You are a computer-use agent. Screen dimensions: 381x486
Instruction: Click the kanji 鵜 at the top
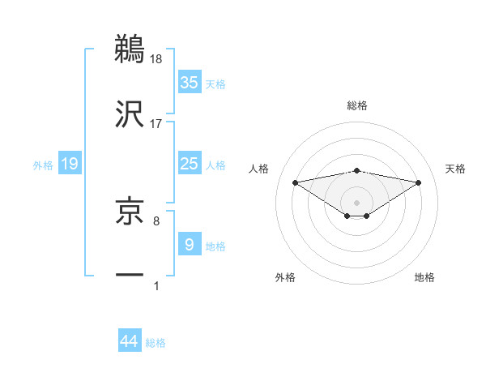click(130, 49)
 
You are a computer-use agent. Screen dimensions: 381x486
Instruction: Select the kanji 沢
click(130, 113)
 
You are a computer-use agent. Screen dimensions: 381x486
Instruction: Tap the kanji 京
click(130, 212)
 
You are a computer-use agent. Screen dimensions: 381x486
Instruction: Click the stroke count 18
click(156, 58)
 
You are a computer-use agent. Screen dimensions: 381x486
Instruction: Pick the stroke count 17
click(156, 123)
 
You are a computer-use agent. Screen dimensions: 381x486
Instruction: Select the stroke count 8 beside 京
click(156, 220)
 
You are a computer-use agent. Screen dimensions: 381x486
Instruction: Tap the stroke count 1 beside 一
click(156, 285)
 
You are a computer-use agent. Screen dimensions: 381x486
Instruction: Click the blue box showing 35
click(190, 82)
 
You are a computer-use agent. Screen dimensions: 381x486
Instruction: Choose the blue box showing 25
click(190, 164)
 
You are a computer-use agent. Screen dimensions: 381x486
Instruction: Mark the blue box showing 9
click(190, 245)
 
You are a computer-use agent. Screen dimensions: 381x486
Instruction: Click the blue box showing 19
click(70, 164)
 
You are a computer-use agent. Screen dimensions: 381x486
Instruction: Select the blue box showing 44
click(130, 341)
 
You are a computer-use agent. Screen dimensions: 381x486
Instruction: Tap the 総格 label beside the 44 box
click(156, 343)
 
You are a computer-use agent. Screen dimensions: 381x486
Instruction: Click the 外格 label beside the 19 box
click(43, 165)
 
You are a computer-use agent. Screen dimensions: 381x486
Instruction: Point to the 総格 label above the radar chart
click(357, 105)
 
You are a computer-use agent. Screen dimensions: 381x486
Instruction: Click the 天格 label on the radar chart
click(455, 169)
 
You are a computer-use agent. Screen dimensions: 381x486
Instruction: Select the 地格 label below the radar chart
click(424, 277)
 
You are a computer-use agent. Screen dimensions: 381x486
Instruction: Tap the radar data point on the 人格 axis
click(296, 182)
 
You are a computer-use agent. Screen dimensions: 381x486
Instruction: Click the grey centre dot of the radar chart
click(357, 202)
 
